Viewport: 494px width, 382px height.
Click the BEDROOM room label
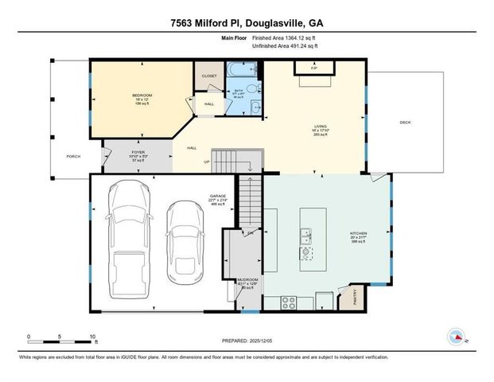(x=142, y=96)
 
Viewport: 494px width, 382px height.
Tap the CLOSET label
(x=209, y=76)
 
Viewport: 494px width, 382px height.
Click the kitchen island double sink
(x=305, y=235)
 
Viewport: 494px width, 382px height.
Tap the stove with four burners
(x=290, y=302)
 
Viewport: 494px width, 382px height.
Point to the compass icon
(x=457, y=336)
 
